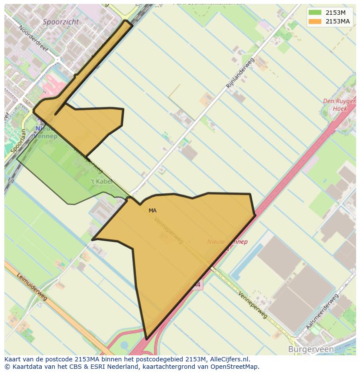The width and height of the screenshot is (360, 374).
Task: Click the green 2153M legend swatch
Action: (315, 13)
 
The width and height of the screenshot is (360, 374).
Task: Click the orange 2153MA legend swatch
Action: (315, 21)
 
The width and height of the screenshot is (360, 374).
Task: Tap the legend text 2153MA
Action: (338, 21)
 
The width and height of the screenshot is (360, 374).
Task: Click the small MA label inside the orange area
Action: (152, 211)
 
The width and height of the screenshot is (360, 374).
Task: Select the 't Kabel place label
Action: (101, 181)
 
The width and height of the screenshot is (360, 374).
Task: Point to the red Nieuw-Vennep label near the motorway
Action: (227, 242)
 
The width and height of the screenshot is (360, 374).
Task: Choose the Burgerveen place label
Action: (311, 349)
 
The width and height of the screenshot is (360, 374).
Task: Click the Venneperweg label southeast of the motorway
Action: (253, 305)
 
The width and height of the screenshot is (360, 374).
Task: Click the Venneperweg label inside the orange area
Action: (169, 230)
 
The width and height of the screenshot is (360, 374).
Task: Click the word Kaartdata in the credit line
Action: (24, 367)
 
